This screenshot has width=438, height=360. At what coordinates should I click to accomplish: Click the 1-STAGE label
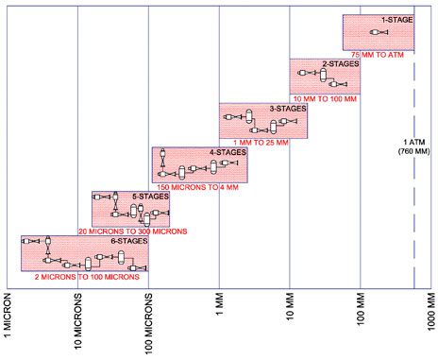397,20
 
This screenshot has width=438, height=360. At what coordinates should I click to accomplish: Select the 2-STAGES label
341,64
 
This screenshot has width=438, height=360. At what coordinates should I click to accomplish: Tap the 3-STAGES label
288,109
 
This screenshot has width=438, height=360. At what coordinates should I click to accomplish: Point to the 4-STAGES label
228,152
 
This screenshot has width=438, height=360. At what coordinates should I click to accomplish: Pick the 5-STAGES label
150,197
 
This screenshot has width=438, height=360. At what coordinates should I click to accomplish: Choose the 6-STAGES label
129,241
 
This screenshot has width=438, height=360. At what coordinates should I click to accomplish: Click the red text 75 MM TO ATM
378,55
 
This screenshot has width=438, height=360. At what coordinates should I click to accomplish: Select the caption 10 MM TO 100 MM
325,99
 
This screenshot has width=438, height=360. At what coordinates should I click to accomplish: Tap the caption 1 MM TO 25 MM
261,143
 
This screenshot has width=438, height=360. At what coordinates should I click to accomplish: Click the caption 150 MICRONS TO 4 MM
198,187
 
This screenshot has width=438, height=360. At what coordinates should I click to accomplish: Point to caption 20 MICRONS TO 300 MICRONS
133,231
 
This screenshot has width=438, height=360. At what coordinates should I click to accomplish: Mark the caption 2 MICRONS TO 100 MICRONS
87,277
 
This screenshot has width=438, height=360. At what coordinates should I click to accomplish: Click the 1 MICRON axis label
8,316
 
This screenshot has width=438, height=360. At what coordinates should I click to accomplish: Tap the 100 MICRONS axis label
148,324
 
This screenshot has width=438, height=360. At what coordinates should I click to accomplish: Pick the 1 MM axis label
219,304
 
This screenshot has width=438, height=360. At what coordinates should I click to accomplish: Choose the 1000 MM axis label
431,311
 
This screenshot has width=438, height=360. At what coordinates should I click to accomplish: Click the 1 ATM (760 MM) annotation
414,146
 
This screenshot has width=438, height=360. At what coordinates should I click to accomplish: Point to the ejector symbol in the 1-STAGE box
379,32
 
